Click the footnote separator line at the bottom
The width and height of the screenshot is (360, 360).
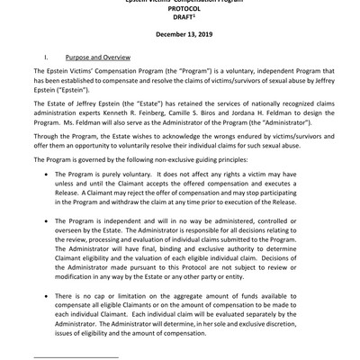[x=75, y=357]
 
